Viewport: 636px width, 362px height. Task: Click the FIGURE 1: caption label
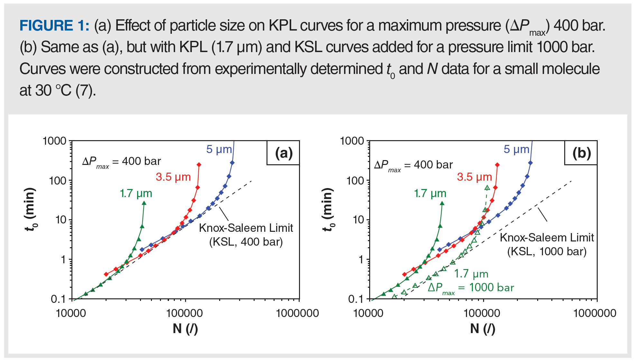(54, 26)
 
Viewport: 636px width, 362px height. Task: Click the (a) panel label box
(283, 153)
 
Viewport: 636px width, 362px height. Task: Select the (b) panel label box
(581, 153)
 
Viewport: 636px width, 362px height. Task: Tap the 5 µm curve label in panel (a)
(219, 149)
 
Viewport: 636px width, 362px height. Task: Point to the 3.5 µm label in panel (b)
(474, 177)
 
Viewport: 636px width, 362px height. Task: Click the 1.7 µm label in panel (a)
(136, 194)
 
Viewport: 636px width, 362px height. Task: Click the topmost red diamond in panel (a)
(199, 165)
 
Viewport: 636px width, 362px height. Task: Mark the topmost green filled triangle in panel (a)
(144, 203)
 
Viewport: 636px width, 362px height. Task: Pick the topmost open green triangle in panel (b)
(487, 188)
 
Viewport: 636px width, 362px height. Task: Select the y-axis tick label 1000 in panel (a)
(54, 141)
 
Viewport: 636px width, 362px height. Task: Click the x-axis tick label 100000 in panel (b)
(482, 313)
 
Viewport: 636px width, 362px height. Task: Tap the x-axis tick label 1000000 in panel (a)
(297, 313)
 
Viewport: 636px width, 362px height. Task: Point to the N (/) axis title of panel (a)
(185, 329)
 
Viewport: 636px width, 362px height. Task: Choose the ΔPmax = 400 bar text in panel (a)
(122, 162)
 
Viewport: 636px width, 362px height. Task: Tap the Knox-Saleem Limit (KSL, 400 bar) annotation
(246, 235)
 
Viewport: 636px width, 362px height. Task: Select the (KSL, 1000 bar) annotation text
(547, 251)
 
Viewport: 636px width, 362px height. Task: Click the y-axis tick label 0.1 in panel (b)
(356, 299)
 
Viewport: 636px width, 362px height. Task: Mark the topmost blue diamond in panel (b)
(530, 163)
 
